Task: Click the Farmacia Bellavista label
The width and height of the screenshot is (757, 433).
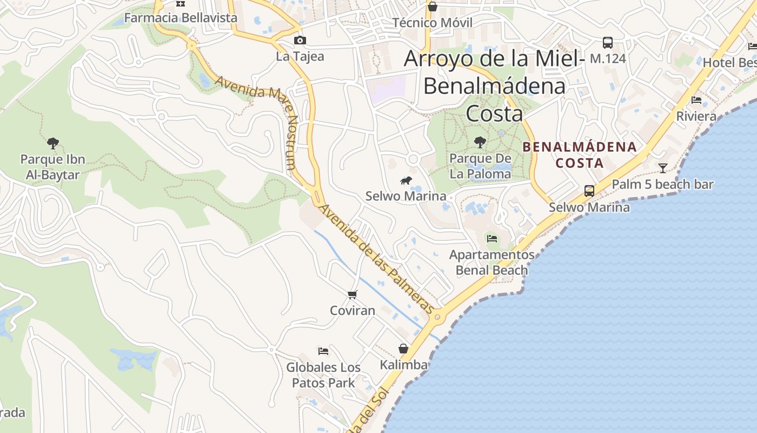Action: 181,18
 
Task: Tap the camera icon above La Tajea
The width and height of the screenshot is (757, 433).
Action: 300,41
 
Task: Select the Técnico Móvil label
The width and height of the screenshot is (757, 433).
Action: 432,23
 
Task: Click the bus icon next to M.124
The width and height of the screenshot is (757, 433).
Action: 608,43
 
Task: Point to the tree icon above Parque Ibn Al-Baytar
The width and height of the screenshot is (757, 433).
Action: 52,143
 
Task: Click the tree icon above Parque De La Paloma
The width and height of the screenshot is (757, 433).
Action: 480,143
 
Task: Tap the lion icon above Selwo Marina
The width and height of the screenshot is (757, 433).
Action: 406,180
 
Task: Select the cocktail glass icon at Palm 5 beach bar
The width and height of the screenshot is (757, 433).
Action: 662,168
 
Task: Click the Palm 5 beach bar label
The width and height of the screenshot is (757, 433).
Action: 662,185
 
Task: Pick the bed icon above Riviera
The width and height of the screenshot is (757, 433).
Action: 696,100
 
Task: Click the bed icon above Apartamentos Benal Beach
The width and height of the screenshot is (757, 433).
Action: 492,239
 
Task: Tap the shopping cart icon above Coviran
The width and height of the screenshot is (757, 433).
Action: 353,295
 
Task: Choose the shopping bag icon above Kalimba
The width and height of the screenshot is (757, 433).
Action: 403,349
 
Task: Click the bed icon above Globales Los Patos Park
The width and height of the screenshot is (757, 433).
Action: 323,351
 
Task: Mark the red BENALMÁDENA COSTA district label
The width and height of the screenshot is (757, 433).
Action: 580,155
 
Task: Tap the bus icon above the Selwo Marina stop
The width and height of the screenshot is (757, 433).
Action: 589,191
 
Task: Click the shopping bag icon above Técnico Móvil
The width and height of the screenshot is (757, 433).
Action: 432,6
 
